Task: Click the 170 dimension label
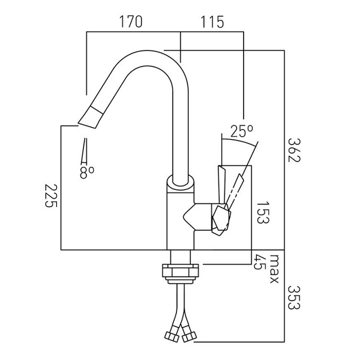(131, 22)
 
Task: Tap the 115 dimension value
(212, 22)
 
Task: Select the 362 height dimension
(294, 150)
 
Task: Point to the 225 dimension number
(51, 196)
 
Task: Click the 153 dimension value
(262, 212)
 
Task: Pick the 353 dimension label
(294, 298)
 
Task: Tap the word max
(274, 269)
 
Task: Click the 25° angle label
(242, 131)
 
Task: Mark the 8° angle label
(87, 172)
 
